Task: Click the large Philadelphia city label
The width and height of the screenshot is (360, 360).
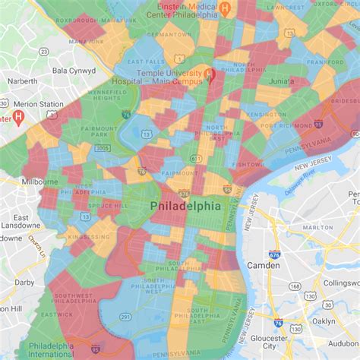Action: point(185,207)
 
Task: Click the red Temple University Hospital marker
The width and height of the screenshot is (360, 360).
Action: point(212,74)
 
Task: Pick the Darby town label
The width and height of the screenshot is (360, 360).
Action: point(24,282)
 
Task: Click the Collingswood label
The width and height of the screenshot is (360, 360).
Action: point(340,283)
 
